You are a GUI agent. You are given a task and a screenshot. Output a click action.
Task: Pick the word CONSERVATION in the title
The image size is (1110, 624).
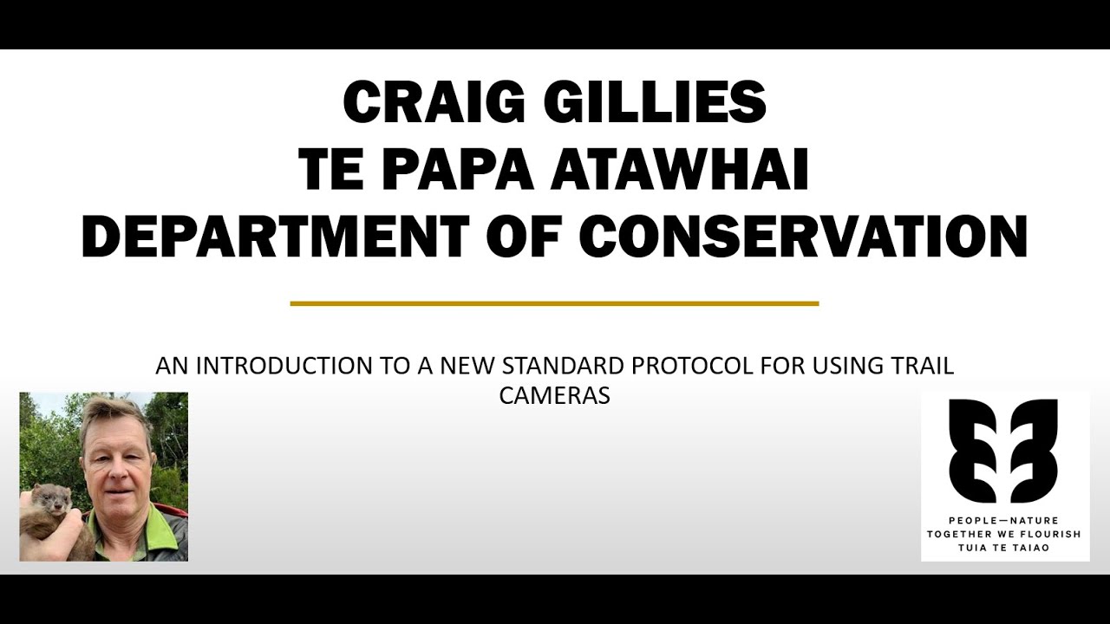pyautogui.click(x=803, y=236)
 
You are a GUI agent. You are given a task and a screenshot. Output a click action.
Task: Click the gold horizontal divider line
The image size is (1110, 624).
pyautogui.click(x=554, y=303)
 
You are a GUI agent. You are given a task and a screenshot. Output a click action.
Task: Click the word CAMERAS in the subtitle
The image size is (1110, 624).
pyautogui.click(x=554, y=395)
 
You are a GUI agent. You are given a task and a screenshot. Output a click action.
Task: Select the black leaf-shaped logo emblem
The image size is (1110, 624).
pyautogui.click(x=1003, y=451)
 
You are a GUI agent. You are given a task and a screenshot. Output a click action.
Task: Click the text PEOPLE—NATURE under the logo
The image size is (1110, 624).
pyautogui.click(x=1004, y=521)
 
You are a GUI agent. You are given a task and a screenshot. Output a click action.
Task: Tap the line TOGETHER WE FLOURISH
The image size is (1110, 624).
pyautogui.click(x=1004, y=534)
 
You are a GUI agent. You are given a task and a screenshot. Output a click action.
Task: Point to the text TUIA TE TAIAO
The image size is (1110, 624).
pyautogui.click(x=1004, y=548)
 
